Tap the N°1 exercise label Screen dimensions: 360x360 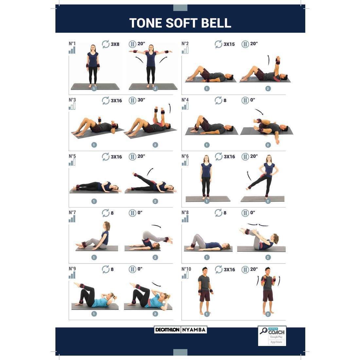[72, 44]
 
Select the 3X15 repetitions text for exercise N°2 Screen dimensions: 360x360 [229, 44]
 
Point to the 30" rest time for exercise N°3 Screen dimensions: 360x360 [141, 100]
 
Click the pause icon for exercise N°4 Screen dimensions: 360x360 [245, 100]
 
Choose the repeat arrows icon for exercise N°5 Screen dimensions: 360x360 [106, 156]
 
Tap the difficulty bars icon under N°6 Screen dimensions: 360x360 [185, 162]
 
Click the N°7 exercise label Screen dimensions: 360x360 [72, 213]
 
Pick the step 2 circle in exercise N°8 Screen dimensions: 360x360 [268, 258]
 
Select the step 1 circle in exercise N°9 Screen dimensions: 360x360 [94, 314]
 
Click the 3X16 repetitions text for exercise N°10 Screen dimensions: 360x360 [229, 270]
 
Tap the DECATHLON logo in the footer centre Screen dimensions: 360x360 [167, 330]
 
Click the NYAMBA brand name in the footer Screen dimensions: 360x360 [194, 330]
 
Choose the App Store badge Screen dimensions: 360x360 [276, 342]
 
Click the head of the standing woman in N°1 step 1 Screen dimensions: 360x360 [93, 47]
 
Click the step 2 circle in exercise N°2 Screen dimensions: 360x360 [268, 88]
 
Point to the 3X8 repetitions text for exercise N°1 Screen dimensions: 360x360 [115, 44]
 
